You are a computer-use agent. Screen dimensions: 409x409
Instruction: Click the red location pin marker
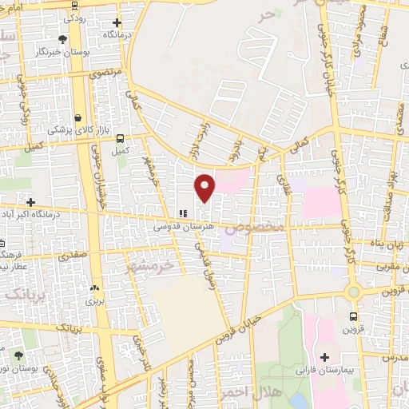(x=205, y=187)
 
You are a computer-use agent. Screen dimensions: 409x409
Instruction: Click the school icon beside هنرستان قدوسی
(x=184, y=214)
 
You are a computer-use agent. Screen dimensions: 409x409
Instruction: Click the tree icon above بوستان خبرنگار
(x=63, y=38)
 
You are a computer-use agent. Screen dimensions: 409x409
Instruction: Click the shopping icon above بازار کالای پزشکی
(x=78, y=117)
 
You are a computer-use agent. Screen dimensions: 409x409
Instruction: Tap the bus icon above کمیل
(x=121, y=137)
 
